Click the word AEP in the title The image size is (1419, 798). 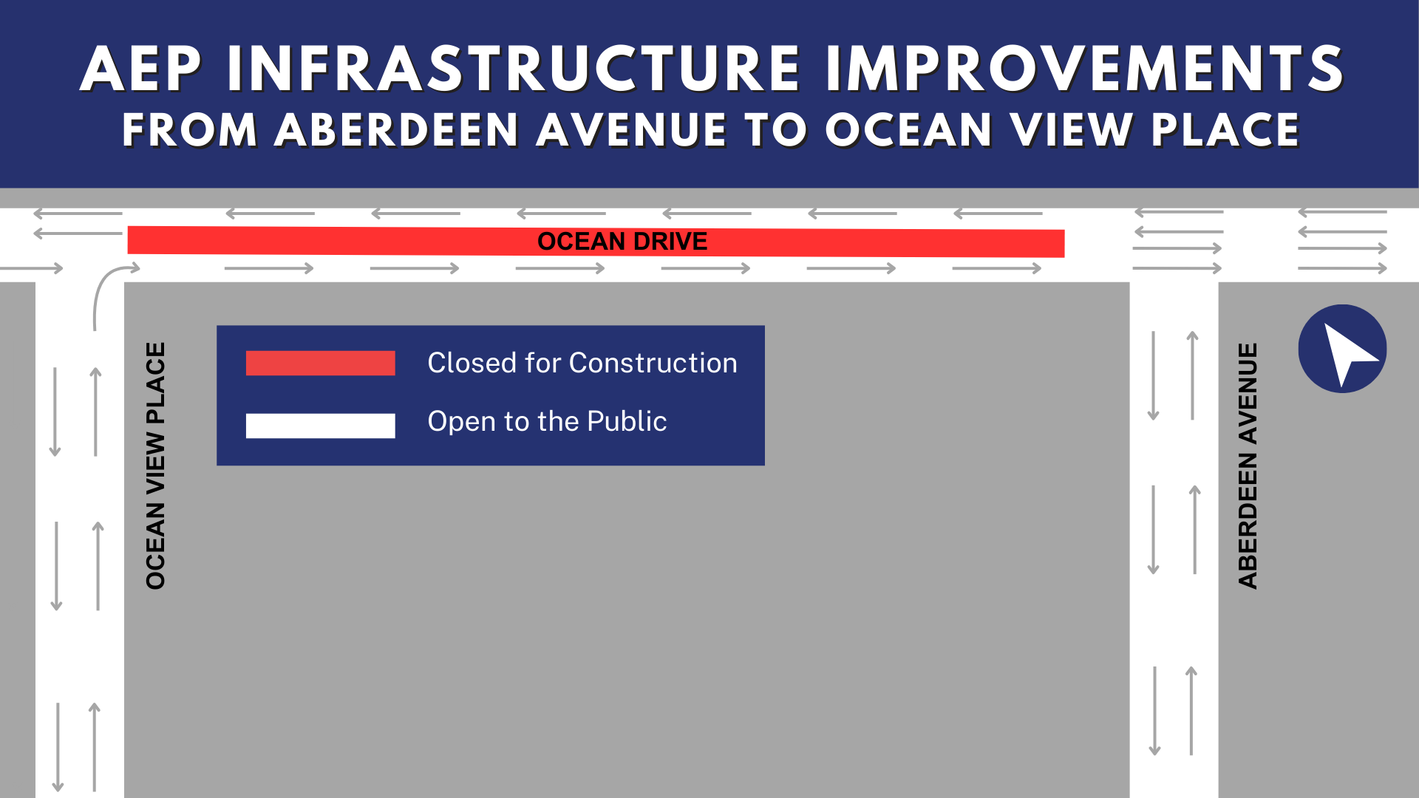click(x=140, y=69)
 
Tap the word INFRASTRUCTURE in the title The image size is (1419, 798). click(x=514, y=69)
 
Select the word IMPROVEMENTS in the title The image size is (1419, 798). click(x=1084, y=69)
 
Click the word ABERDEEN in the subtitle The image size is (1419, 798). click(x=397, y=130)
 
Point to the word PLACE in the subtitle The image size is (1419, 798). click(x=1225, y=130)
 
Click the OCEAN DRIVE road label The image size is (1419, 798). click(x=622, y=242)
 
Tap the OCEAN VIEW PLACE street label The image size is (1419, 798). click(x=156, y=465)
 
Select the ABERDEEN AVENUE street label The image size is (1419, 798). click(x=1248, y=465)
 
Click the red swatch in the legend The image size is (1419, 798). click(x=321, y=363)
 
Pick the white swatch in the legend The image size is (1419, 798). click(x=321, y=426)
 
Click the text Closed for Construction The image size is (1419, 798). click(x=582, y=363)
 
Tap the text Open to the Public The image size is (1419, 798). click(x=547, y=421)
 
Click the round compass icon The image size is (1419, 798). click(x=1342, y=349)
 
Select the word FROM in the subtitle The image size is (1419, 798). click(x=190, y=130)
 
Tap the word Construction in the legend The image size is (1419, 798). click(x=653, y=363)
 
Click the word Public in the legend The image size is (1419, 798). click(x=627, y=421)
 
